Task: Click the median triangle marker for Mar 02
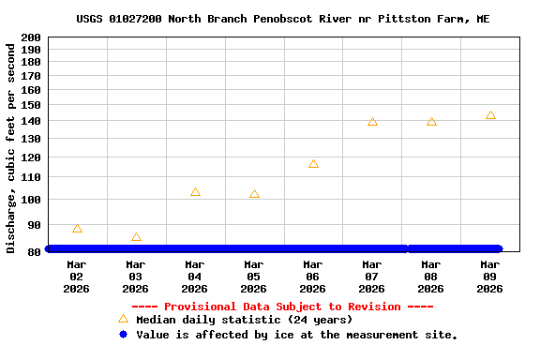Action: point(77,229)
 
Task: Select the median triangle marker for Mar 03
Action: point(136,238)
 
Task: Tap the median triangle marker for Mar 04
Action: point(195,192)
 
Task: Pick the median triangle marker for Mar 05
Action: point(254,194)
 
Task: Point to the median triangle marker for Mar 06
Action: point(313,164)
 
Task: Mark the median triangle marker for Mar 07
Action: point(372,122)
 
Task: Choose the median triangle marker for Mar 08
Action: point(431,122)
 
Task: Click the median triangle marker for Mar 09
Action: point(490,115)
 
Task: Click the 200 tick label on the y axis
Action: point(31,37)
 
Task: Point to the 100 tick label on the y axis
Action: point(31,200)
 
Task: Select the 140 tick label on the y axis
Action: point(31,121)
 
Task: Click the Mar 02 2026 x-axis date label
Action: point(77,277)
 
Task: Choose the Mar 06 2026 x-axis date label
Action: point(313,277)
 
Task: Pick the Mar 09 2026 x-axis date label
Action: point(490,277)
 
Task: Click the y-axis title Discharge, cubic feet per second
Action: point(11,146)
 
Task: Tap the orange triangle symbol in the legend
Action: point(123,320)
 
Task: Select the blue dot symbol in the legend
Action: point(123,335)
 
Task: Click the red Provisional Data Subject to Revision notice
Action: point(282,307)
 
